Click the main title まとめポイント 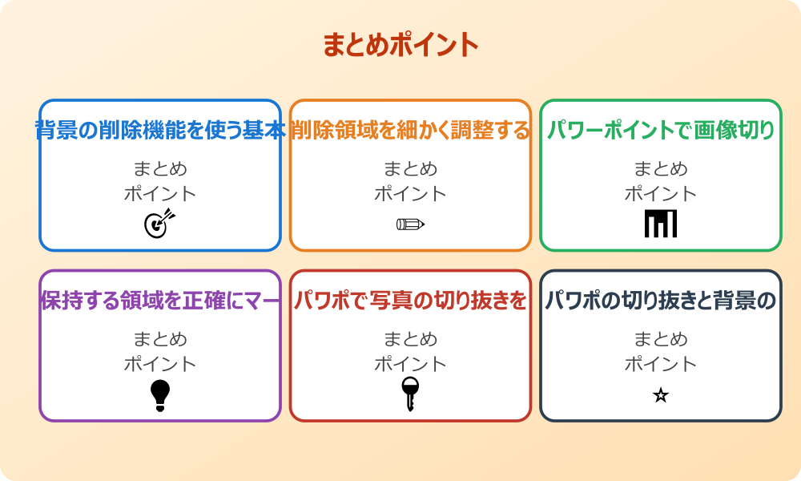400,45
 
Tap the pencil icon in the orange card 410,224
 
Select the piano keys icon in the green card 661,224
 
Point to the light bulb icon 160,395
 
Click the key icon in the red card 410,394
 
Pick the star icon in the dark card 661,395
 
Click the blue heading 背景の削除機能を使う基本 160,130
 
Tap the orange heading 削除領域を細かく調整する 410,130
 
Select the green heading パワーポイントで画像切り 661,130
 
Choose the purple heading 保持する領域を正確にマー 160,301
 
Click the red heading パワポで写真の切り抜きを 410,301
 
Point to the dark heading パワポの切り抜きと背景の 661,301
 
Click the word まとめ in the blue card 160,169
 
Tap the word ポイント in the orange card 410,193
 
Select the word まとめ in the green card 661,169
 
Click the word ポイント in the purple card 160,364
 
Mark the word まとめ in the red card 410,339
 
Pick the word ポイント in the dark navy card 661,364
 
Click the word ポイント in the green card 661,193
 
